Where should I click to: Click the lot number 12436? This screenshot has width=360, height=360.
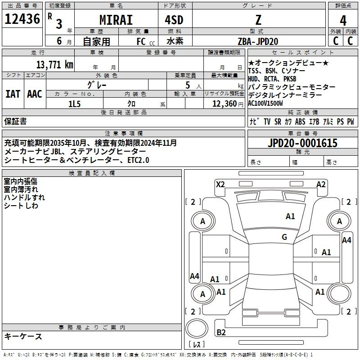[x=22, y=19]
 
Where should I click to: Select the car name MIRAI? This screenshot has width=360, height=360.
[x=116, y=20]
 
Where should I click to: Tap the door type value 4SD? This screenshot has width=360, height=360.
[x=174, y=20]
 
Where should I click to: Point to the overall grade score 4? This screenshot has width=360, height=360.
[x=343, y=21]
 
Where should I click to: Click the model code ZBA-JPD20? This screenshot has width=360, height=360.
[x=258, y=41]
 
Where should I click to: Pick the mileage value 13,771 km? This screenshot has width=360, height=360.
[x=54, y=64]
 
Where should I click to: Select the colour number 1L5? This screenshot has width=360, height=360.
[x=74, y=104]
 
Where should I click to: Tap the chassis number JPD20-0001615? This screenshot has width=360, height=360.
[x=302, y=143]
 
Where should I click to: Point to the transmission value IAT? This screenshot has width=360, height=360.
[x=13, y=94]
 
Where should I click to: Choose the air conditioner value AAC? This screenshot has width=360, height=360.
[x=35, y=94]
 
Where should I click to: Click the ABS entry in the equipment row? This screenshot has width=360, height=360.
[x=300, y=121]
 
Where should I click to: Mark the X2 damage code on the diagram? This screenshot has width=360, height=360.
[x=220, y=184]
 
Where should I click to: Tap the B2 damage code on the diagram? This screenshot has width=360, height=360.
[x=221, y=332]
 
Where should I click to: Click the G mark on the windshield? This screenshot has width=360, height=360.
[x=284, y=237]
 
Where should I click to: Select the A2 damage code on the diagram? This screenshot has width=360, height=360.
[x=321, y=184]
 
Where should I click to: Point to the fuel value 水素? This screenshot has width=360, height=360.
[x=175, y=41]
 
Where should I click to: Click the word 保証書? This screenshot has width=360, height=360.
[x=15, y=121]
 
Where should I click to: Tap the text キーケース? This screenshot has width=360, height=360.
[x=23, y=336]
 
